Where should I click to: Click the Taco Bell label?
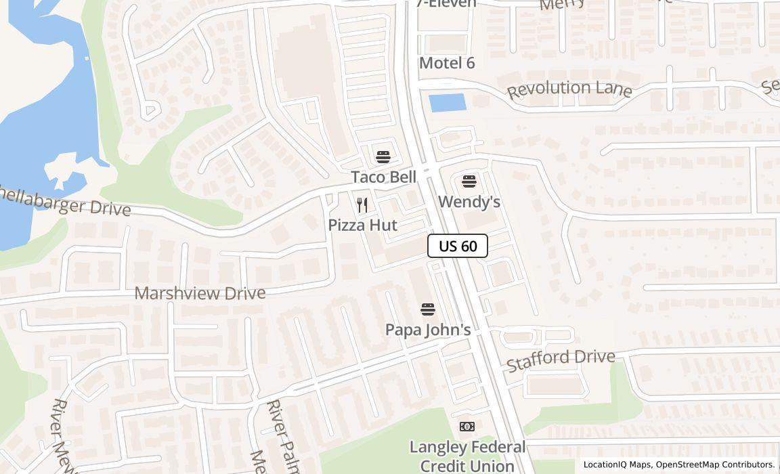coord(383,177)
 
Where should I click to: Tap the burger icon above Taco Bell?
coord(383,157)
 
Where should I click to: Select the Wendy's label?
coord(469,202)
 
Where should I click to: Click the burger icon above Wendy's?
coord(469,181)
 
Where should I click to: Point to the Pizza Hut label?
coord(362,225)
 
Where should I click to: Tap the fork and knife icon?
coord(362,205)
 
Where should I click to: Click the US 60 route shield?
coord(458,246)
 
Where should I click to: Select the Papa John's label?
coord(428,330)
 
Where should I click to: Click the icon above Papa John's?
coord(428,309)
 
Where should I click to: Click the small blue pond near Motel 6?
coord(448,103)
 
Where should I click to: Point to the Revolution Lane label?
coord(569,89)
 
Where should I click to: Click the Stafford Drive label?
coord(561,359)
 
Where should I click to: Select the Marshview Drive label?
coord(200,293)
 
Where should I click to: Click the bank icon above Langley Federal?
coord(467,427)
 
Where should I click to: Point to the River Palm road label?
coord(283,435)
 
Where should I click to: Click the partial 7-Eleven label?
coord(446,4)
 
